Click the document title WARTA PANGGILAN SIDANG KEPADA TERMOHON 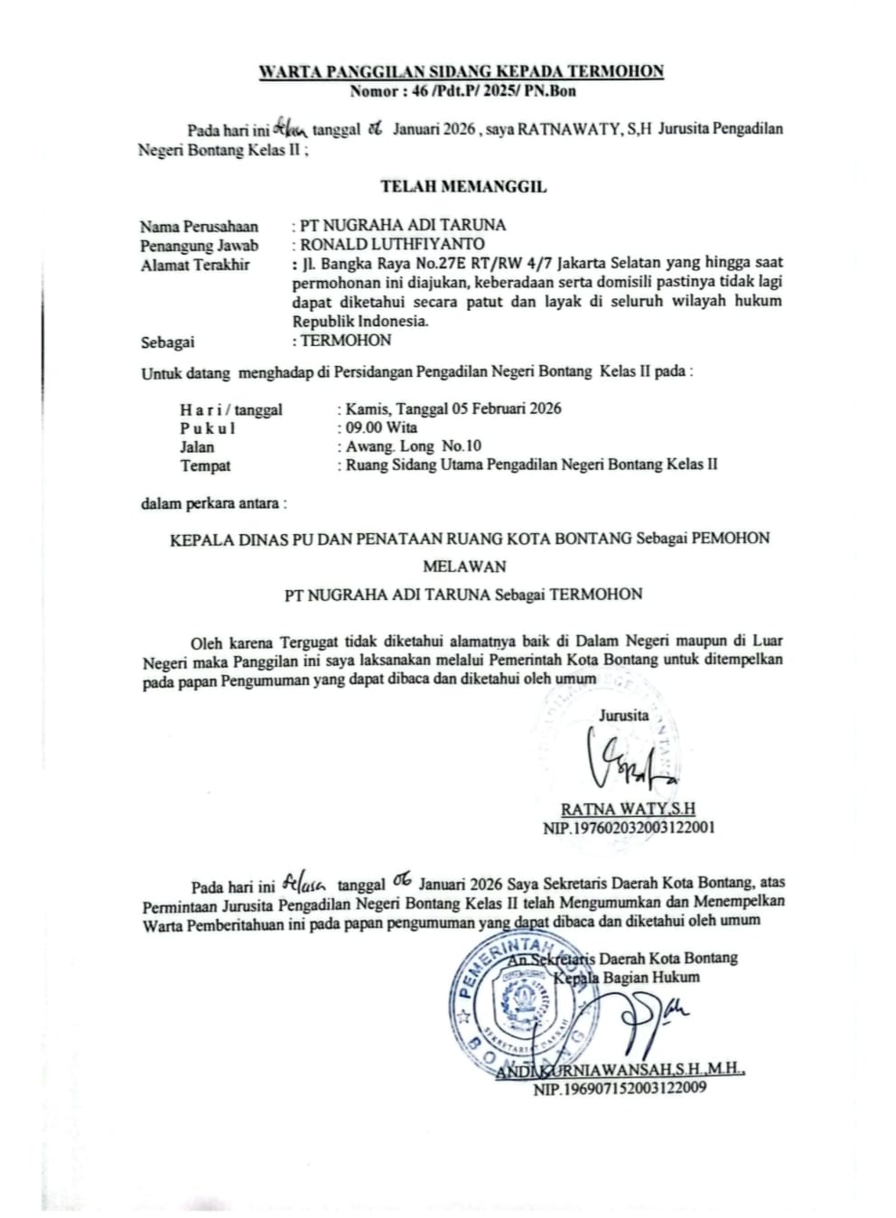[x=462, y=71]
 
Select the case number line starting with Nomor [x=462, y=90]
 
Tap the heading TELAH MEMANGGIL [x=463, y=187]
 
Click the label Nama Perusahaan [x=199, y=226]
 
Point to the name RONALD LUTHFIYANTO [x=392, y=244]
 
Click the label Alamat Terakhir [x=195, y=265]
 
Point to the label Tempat [x=205, y=466]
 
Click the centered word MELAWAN [x=464, y=567]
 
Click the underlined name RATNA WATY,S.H [x=628, y=809]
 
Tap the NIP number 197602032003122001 [x=630, y=828]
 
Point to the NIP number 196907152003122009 [x=620, y=1089]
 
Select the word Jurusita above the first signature [x=623, y=715]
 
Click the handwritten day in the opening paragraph [x=290, y=127]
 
